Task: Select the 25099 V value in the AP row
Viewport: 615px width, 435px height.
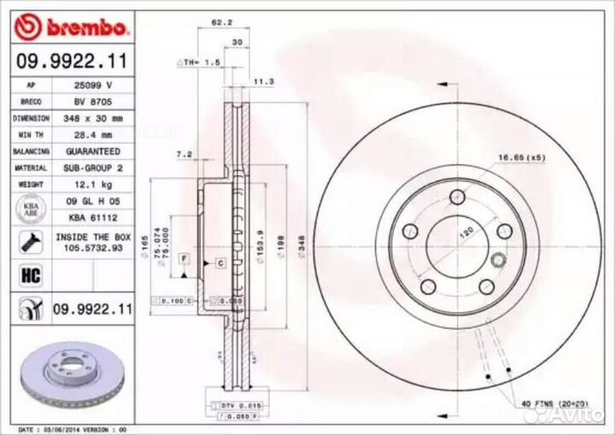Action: [95, 86]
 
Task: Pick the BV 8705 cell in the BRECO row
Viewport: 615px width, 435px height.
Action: [95, 103]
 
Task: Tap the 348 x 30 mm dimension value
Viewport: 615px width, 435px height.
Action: [95, 119]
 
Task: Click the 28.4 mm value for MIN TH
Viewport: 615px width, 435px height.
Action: [95, 135]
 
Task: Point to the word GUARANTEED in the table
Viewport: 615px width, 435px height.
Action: [95, 151]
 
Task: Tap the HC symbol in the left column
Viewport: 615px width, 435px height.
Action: [28, 274]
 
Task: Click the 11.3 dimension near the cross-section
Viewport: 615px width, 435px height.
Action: [264, 81]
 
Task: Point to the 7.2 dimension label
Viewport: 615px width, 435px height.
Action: [183, 154]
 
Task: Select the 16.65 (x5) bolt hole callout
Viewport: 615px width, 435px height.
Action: [522, 158]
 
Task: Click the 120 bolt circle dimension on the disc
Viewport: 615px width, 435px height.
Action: [466, 232]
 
